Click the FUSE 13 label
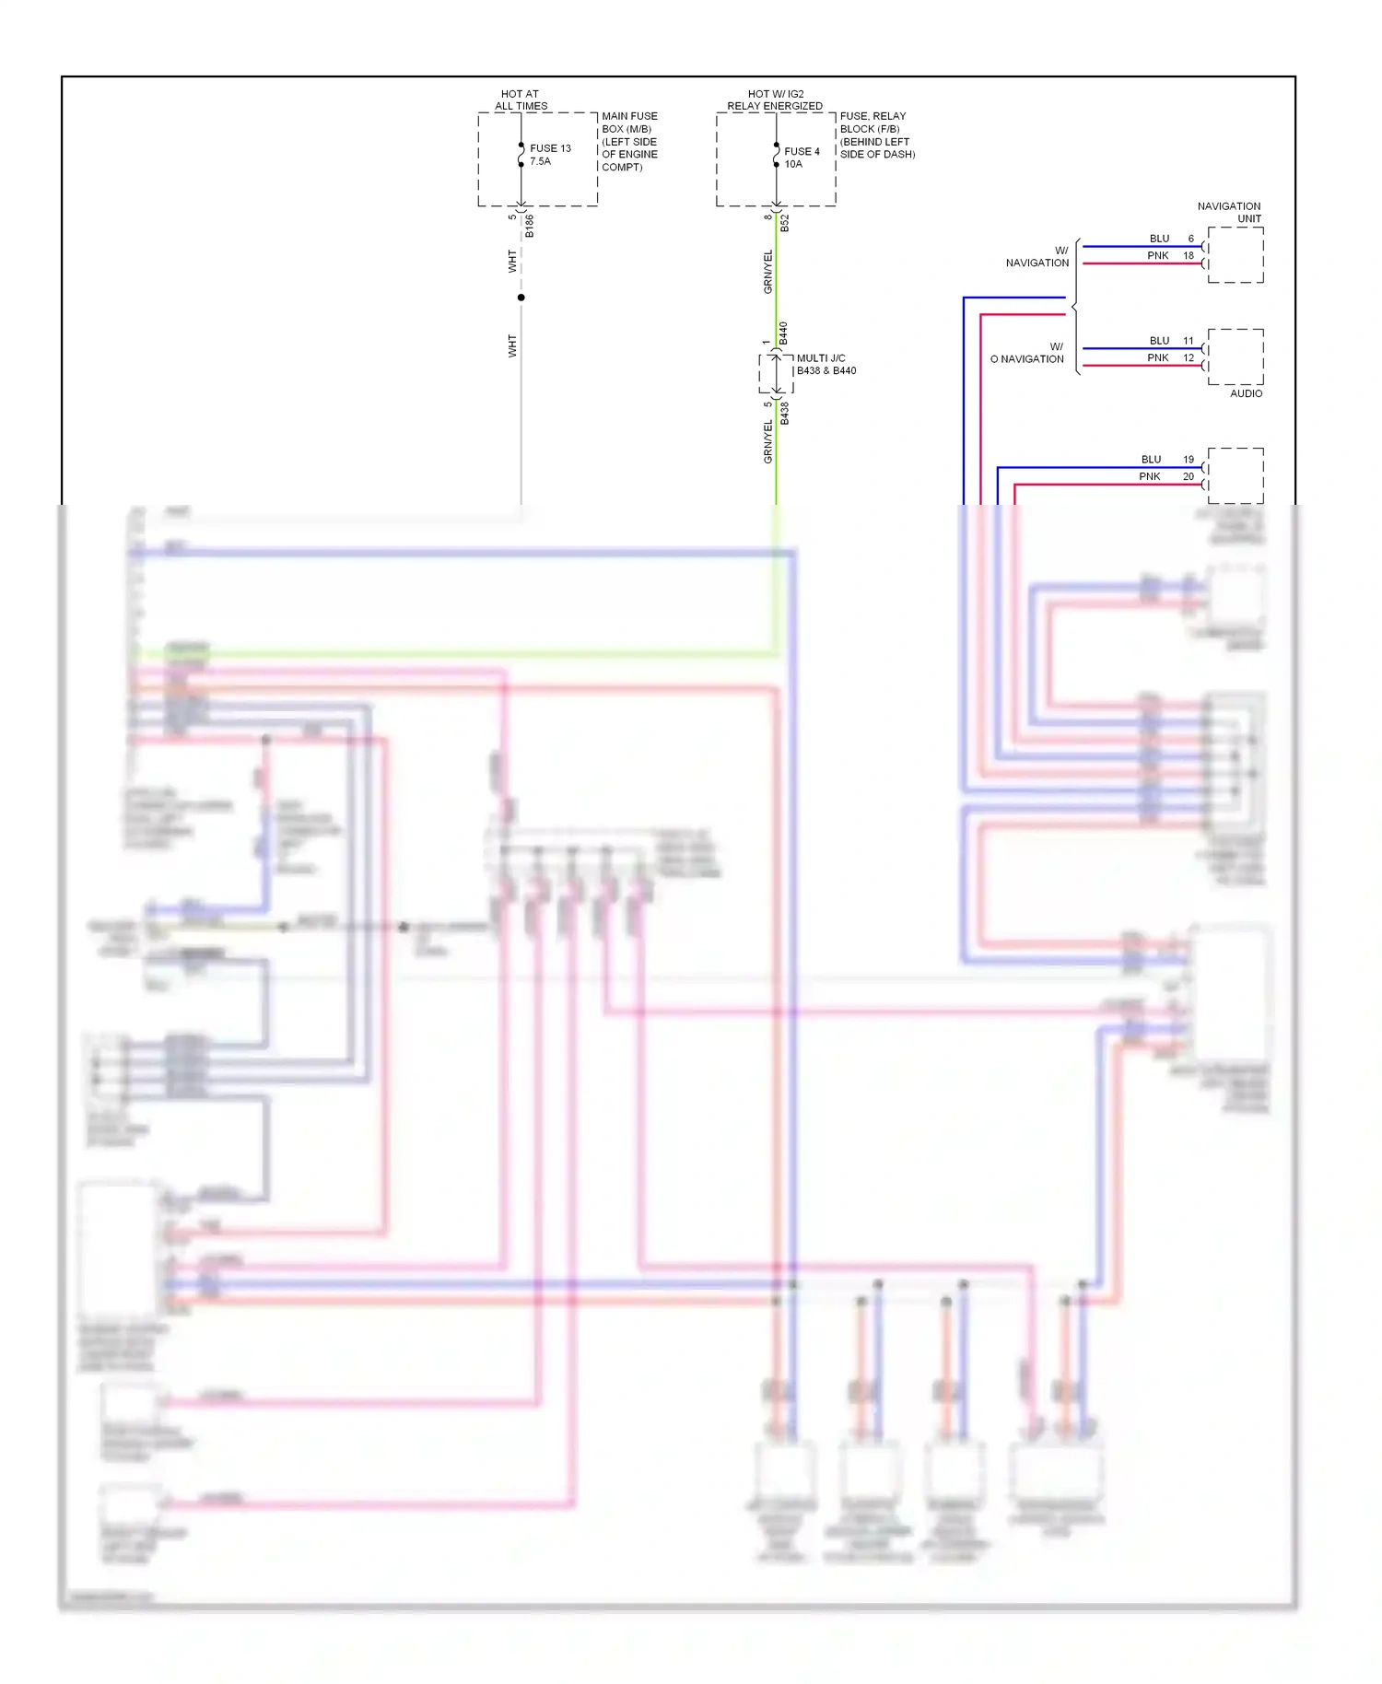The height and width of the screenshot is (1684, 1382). (550, 148)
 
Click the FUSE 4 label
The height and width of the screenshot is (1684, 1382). (801, 151)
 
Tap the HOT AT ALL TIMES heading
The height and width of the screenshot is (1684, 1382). (521, 99)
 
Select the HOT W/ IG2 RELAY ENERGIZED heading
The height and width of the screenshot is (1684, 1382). (775, 99)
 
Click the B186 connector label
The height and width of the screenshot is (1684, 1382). (529, 226)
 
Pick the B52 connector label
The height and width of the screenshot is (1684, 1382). (784, 223)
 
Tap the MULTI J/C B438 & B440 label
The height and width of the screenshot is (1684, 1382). (826, 365)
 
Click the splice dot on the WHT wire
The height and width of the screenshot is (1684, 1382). (521, 298)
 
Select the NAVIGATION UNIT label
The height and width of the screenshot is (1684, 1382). (1230, 212)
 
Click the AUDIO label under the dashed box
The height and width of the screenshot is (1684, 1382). (1246, 393)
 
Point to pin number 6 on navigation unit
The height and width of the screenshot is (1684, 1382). (1190, 239)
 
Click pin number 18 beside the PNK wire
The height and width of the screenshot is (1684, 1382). (1189, 256)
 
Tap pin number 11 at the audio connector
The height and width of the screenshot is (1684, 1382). (1189, 341)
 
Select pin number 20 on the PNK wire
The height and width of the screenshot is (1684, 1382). (1189, 476)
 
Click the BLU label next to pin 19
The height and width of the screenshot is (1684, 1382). (1152, 459)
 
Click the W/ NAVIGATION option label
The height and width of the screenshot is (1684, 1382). (1038, 257)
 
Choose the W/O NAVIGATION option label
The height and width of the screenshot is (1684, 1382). (1027, 353)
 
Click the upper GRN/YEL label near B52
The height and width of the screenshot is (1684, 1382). (767, 272)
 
